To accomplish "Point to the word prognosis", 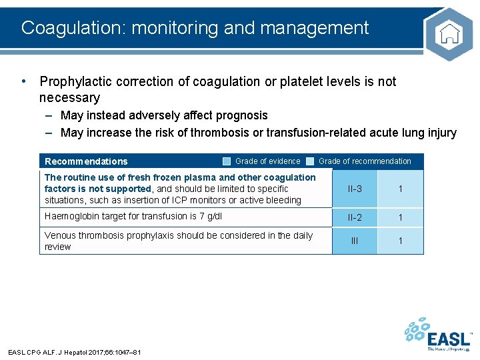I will click(x=240, y=115).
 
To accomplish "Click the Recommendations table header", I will click(x=86, y=161).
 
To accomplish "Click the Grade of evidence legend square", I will click(x=227, y=161).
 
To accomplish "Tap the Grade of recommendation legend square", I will click(x=310, y=161).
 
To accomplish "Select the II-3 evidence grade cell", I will click(x=355, y=189).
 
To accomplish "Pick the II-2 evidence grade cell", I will click(x=355, y=217).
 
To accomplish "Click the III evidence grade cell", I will click(x=355, y=241).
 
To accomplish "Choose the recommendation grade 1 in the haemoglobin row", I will click(x=400, y=217).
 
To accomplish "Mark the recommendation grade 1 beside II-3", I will click(x=400, y=189).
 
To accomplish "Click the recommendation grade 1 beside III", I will click(x=400, y=241).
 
